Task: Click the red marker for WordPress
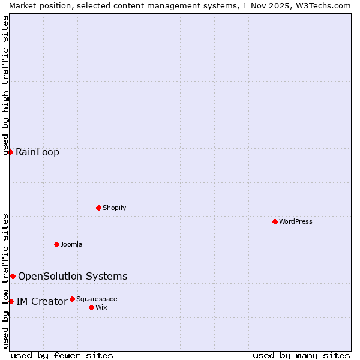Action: (x=275, y=221)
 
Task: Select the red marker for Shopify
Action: (x=98, y=208)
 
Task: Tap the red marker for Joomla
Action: (x=56, y=244)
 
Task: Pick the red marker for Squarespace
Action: (x=72, y=299)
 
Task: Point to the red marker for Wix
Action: (x=91, y=307)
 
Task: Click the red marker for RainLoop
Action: (x=10, y=152)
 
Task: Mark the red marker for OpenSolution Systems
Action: (x=13, y=276)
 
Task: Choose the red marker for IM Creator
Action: (x=11, y=301)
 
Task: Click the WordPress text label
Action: (x=296, y=221)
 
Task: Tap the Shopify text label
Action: (x=114, y=208)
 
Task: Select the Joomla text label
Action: (x=71, y=244)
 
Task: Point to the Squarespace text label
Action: (x=97, y=299)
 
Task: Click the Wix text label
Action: (x=101, y=307)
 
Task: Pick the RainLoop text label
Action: (x=37, y=152)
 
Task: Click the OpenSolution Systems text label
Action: (x=73, y=276)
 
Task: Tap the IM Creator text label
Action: (x=41, y=301)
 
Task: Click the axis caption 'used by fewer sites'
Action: (x=62, y=355)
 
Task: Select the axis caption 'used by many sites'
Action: (x=301, y=355)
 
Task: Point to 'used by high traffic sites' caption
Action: (x=6, y=85)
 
